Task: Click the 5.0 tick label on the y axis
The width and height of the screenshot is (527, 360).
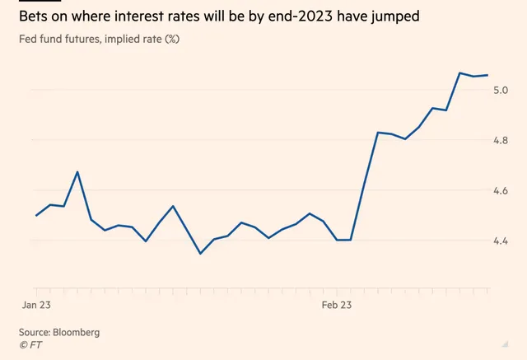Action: tap(501, 90)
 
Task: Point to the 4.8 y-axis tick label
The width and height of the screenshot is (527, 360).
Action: tap(501, 140)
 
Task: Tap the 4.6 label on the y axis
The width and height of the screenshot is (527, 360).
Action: tap(501, 190)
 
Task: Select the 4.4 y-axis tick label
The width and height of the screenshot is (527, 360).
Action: tap(501, 241)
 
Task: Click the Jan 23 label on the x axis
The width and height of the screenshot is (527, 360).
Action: tap(36, 305)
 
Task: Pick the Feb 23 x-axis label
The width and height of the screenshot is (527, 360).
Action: tap(337, 305)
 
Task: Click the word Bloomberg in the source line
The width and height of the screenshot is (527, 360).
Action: tap(77, 333)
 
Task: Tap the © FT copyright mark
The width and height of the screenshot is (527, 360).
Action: tap(30, 345)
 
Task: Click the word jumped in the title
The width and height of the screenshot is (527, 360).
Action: tap(395, 16)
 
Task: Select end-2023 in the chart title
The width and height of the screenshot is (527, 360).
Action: tap(301, 16)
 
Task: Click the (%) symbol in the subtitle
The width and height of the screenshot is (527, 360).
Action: tap(172, 39)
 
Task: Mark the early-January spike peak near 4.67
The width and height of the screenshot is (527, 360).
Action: tap(77, 172)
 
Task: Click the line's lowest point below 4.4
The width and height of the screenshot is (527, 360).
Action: tap(200, 254)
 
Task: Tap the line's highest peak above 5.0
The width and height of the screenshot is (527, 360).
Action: tap(459, 72)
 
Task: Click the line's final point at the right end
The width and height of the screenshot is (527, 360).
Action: tap(487, 75)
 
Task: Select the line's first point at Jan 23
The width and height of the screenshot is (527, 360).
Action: tap(36, 216)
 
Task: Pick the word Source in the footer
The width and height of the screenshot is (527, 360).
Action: tap(35, 333)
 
